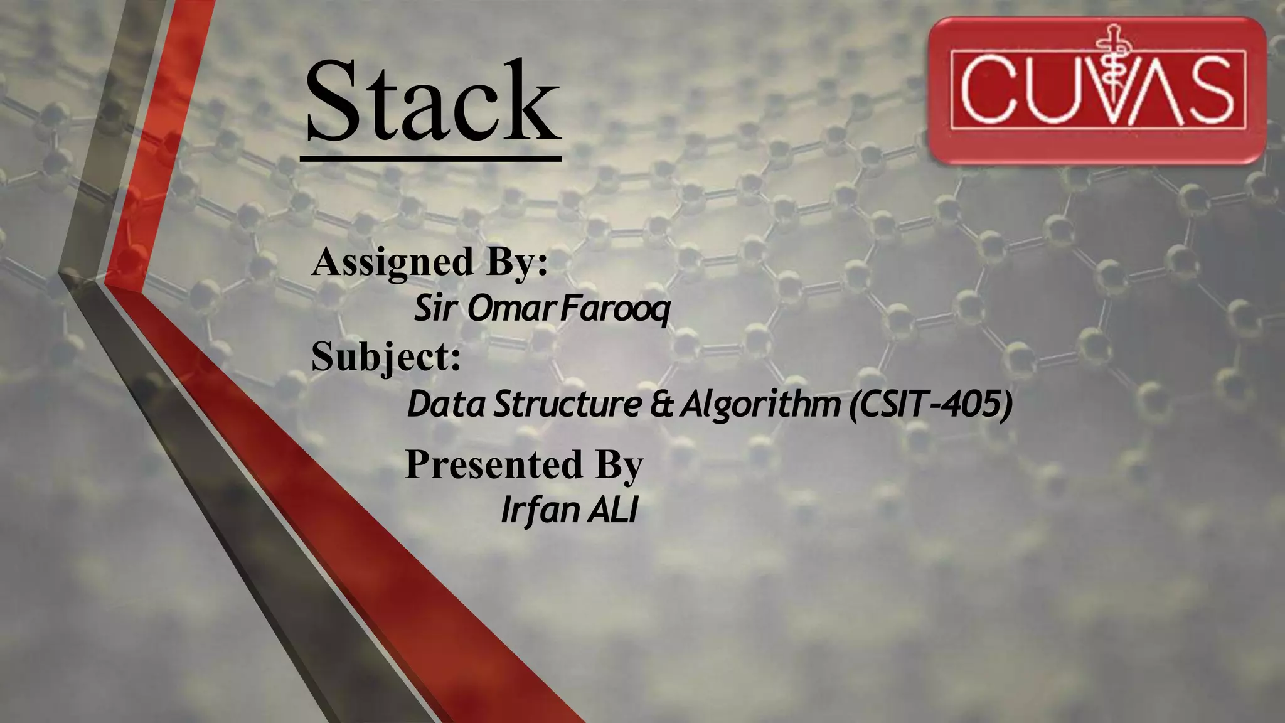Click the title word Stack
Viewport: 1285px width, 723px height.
click(433, 102)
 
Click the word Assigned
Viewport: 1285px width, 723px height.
click(392, 262)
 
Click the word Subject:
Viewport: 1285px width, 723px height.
click(386, 357)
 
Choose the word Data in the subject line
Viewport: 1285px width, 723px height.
click(446, 405)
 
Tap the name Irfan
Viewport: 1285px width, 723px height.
click(540, 510)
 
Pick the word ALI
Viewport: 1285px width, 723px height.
click(612, 510)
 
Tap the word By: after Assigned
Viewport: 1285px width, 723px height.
click(517, 262)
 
